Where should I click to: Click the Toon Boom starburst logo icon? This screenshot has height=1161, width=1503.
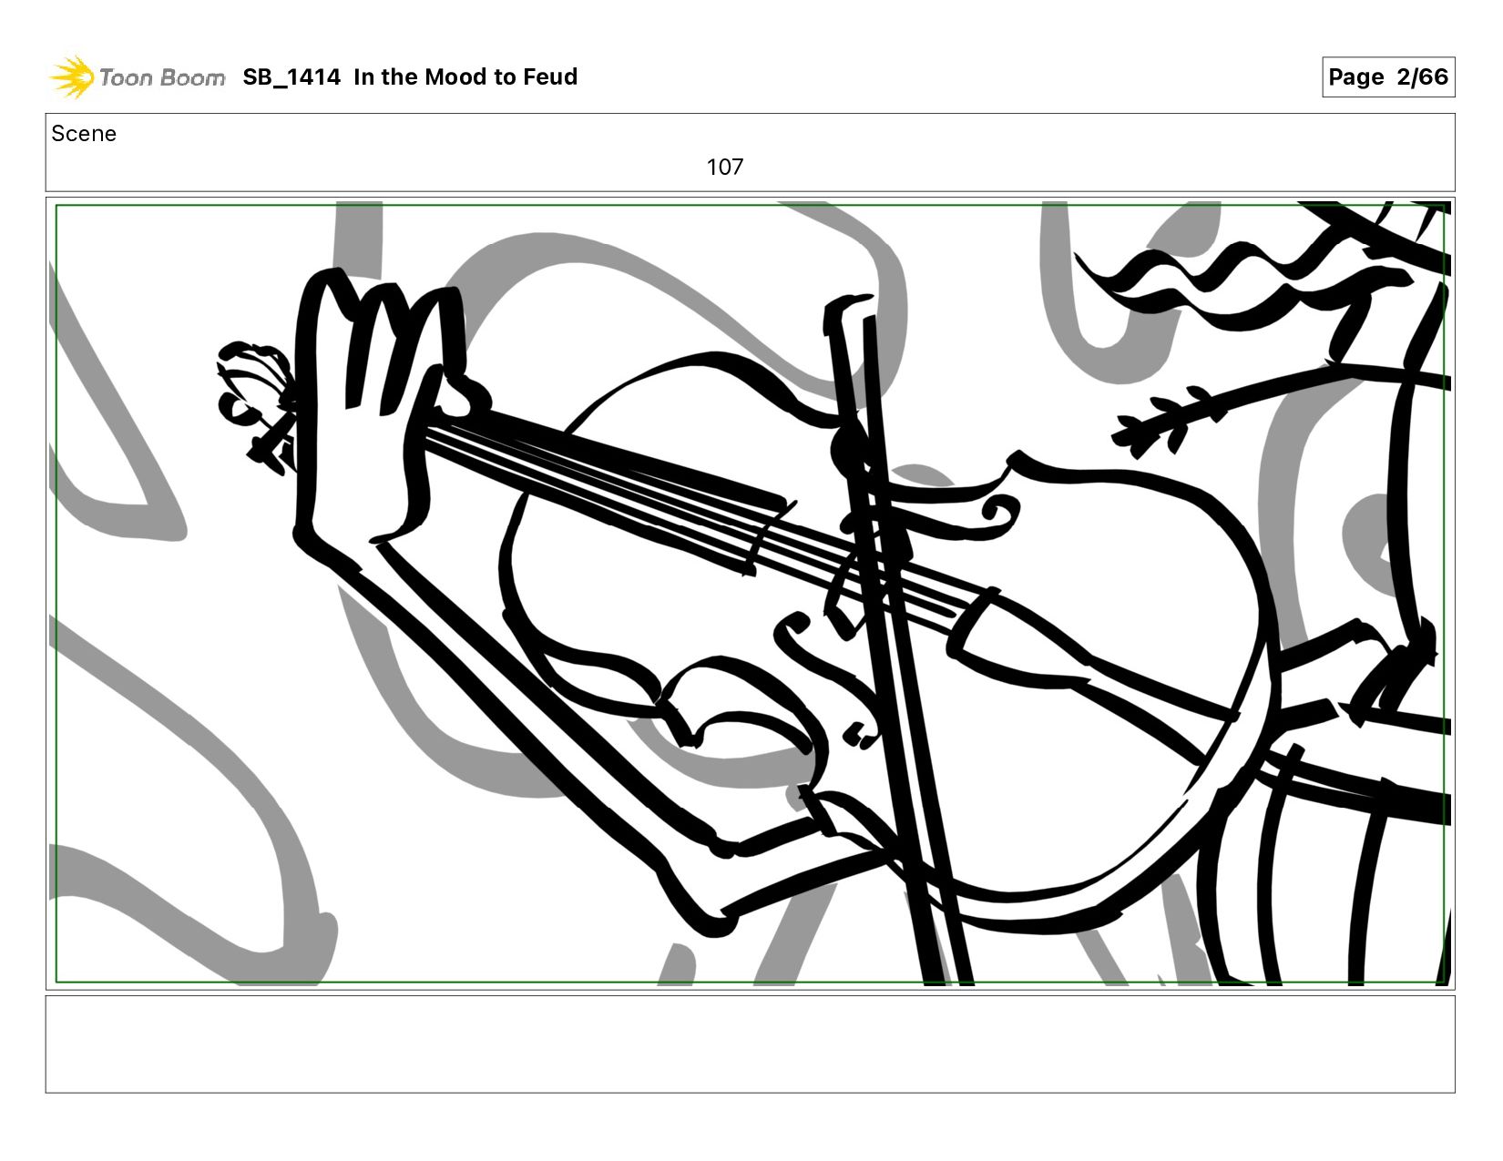click(72, 76)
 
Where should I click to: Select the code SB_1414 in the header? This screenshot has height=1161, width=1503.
click(291, 76)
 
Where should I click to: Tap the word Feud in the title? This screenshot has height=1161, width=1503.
click(550, 76)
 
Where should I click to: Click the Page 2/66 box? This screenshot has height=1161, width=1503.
click(1387, 76)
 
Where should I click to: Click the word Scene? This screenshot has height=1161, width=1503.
click(84, 134)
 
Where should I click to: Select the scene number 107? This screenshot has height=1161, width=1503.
click(724, 167)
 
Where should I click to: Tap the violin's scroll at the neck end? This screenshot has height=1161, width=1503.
click(256, 404)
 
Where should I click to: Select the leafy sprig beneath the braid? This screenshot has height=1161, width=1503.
click(1169, 417)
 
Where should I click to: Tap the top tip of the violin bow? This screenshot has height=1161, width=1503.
click(847, 303)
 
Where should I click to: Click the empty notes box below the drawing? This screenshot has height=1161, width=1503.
click(750, 1044)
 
